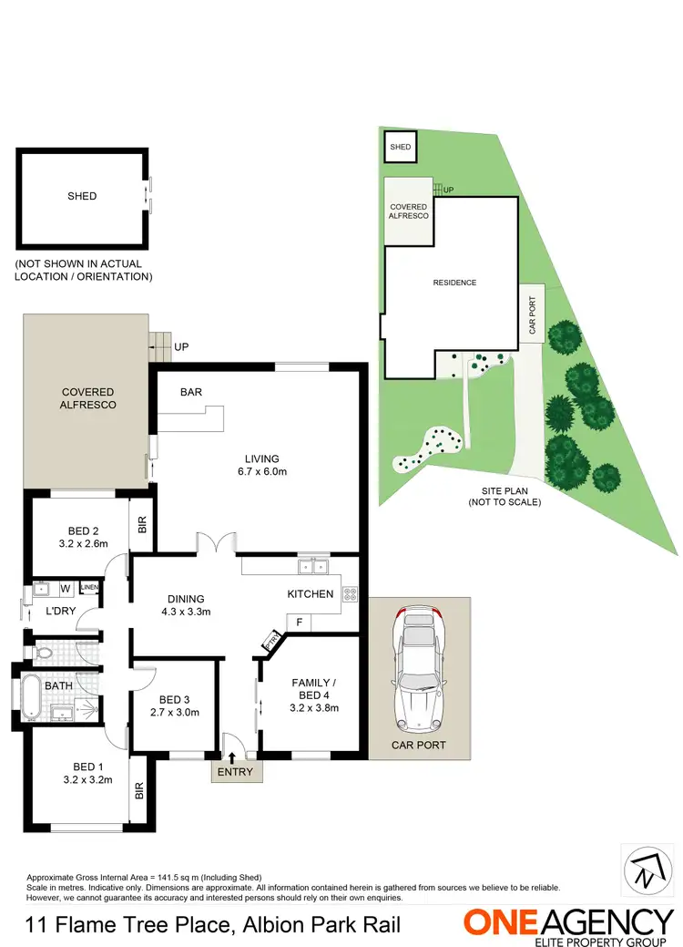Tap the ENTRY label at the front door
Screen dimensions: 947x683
(237, 772)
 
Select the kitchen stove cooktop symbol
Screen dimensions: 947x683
(351, 594)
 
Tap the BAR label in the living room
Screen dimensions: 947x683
(191, 392)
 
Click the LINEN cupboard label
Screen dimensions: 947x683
(89, 587)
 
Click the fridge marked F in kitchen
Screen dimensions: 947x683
(298, 622)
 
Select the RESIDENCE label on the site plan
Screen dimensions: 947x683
(454, 283)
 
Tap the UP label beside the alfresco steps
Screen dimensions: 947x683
(181, 347)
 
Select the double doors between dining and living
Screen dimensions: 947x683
(216, 544)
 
